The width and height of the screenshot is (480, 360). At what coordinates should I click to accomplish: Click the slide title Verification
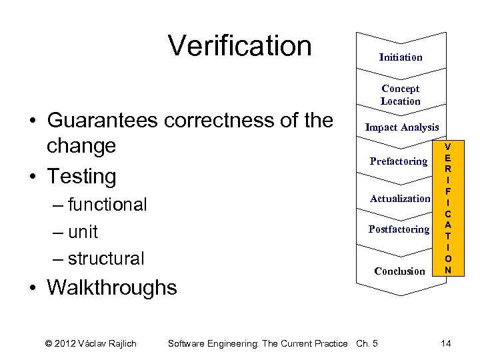240,46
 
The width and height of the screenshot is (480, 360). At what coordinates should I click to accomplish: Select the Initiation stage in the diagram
401,57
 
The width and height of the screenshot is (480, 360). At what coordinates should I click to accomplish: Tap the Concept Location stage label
401,95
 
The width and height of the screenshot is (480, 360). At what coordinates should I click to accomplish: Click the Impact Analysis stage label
402,127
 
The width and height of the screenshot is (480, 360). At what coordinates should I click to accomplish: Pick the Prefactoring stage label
399,161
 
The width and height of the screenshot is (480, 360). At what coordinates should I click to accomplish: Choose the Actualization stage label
400,199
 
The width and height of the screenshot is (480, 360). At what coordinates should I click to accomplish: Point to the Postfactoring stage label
399,229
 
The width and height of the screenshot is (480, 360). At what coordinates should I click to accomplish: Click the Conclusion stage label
399,271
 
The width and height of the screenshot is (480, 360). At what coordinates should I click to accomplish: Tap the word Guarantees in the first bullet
103,121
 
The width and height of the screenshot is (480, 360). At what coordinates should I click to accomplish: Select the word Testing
81,177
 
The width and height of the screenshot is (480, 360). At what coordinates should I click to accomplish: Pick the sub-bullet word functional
107,205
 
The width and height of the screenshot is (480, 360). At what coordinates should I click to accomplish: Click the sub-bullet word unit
83,232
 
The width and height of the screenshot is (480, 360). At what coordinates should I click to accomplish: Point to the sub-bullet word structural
106,259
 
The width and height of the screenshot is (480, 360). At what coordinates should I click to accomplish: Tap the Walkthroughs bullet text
112,288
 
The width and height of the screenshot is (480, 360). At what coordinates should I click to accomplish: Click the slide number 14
446,343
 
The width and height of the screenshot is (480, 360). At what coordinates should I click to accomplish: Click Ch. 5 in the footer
367,343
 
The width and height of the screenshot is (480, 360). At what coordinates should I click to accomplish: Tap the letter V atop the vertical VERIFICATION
448,147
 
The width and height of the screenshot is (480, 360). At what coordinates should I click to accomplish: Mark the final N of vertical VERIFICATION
448,270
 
